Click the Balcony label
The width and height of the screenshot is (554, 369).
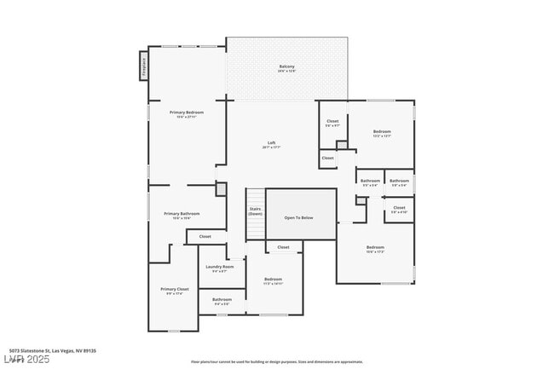pos(287,66)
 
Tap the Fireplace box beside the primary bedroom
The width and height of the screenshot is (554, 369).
pos(143,66)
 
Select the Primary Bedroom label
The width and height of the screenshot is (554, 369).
pos(187,112)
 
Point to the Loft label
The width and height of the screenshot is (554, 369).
pos(271,142)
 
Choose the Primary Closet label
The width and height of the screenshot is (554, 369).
pos(175,289)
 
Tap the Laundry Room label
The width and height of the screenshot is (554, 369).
pos(219,267)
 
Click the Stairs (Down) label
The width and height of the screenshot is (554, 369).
pos(255,211)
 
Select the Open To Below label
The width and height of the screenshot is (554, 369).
pos(298,217)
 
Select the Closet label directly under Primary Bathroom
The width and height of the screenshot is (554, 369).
pos(205,236)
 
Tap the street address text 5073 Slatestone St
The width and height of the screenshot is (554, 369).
pos(52,350)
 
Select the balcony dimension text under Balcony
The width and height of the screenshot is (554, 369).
pos(287,72)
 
